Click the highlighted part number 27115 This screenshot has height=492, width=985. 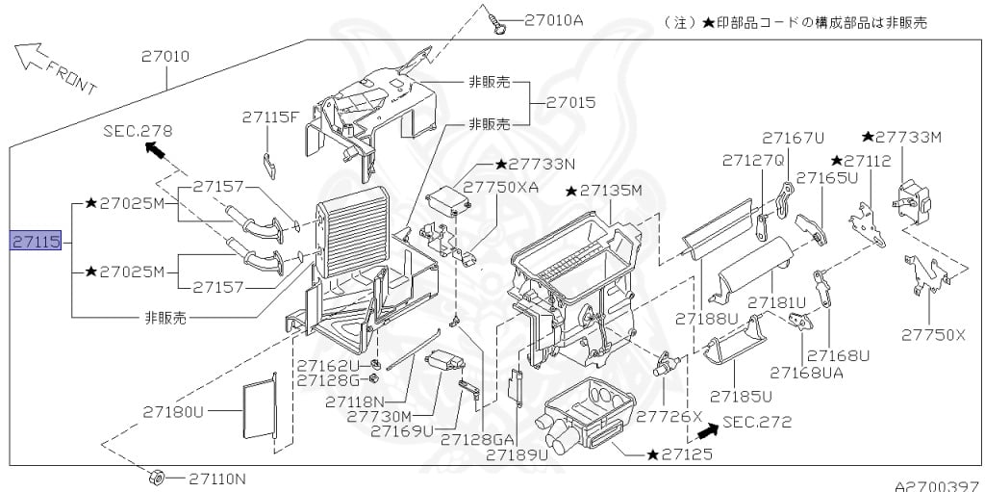pos(36,241)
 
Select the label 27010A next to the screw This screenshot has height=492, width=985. pos(553,20)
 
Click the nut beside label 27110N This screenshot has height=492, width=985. pos(156,478)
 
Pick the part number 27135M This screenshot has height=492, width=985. pos(604,190)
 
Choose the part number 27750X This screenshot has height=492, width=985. pos(933,335)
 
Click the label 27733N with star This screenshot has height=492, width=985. pos(535,165)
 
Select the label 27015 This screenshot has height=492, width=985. pos(570,102)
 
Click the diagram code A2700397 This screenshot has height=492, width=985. pos(940,485)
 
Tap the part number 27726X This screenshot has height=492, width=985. pos(669,416)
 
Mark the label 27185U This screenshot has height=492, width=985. pos(742,397)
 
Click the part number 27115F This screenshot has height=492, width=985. pos(270,117)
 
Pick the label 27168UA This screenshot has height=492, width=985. pos(807,373)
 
